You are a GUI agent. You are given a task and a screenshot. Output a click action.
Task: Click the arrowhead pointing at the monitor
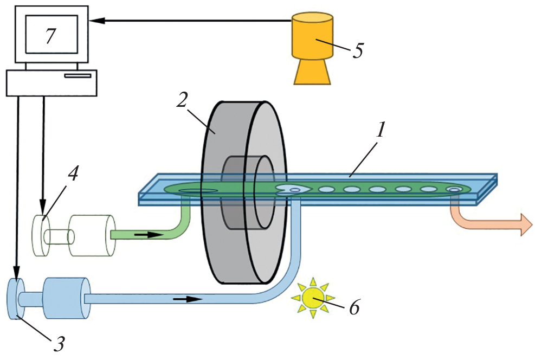[95, 21]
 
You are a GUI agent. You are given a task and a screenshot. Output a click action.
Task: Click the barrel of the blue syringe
[66, 298]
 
